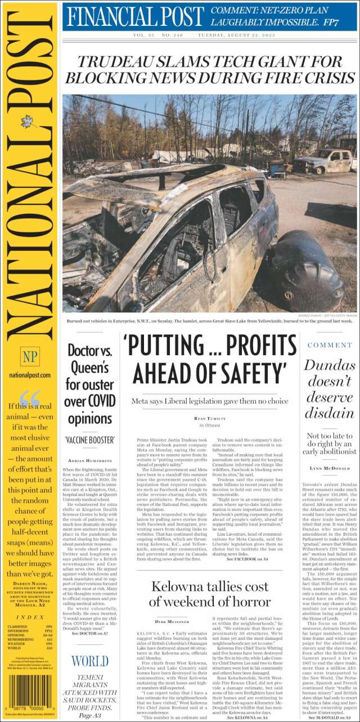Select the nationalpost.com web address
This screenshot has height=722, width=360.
coord(30,375)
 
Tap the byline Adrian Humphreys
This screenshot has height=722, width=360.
coord(91,461)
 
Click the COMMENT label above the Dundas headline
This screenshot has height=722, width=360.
coord(330,345)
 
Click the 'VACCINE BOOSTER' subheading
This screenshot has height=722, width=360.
coord(91,439)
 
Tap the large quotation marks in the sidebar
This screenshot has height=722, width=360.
coord(30,397)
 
